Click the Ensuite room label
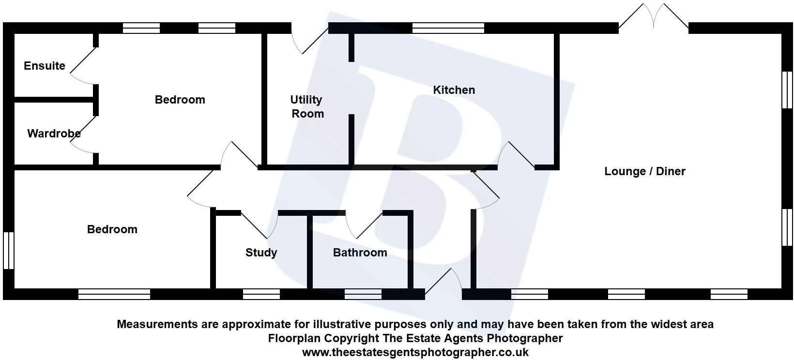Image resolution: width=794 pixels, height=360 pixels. pos(45,66)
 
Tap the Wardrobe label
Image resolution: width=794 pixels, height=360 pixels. pos(54,134)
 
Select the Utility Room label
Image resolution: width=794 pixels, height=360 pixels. pos(307,106)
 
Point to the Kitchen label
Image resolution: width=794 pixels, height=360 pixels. pos(454,90)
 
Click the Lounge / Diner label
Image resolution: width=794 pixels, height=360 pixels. pos(644,171)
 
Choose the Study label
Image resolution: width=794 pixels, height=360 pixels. pos(261,253)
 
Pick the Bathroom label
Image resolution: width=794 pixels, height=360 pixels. pos(360,253)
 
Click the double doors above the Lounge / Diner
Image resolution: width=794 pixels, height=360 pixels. pos(654,17)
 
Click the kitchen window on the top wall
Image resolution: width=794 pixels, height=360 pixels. pos(448,28)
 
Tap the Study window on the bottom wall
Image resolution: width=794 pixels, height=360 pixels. pos(261,294)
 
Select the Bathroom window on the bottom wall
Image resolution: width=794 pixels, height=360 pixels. pos(363,294)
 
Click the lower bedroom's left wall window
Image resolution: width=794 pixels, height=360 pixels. pos(8,250)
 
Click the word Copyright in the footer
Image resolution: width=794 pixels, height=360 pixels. pos(356,338)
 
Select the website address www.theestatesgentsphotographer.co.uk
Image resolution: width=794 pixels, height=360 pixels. pos(415,352)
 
